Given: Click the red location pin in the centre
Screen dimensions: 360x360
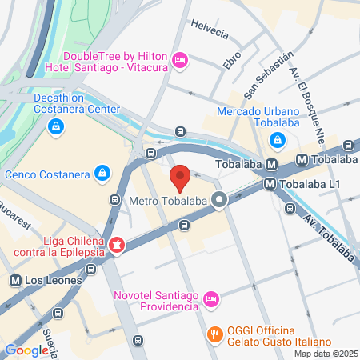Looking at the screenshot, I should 181,178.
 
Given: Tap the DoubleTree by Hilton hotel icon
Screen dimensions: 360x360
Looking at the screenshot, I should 181,60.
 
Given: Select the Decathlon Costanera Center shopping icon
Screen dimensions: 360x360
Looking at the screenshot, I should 55,126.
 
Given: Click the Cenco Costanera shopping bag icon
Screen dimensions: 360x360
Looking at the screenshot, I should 102,173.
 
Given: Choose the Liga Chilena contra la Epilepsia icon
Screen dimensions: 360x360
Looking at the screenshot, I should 118,243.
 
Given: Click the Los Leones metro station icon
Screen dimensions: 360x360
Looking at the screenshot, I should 15,281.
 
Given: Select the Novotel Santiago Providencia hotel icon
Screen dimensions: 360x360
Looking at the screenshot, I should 211,298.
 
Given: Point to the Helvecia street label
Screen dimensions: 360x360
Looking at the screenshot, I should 210,30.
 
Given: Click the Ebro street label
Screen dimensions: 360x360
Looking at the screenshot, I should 232,59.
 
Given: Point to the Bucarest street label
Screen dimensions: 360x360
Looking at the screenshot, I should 18,215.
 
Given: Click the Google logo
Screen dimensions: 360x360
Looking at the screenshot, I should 26,350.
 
